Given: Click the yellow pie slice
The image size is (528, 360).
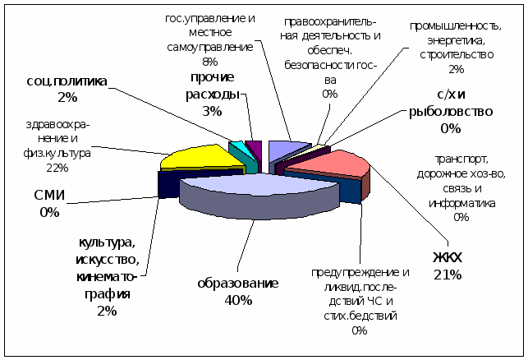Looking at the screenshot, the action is tap(193, 155).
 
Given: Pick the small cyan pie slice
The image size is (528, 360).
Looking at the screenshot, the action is tap(235, 148).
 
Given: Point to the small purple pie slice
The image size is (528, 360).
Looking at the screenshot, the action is tap(254, 147).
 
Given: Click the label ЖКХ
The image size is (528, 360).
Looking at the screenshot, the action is tap(448, 257).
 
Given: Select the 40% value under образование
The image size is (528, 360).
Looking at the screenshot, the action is tap(237, 300).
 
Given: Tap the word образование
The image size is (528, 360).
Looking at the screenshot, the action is tap(237, 284).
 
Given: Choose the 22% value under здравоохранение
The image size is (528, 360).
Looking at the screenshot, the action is tap(57, 168).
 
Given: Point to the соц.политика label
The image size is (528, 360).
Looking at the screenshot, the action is tap(67, 81).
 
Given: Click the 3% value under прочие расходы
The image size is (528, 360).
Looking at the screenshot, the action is tap(212, 111).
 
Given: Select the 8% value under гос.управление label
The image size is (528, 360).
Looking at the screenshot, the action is tap(209, 61).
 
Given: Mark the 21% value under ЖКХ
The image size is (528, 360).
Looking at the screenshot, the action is tap(448, 274).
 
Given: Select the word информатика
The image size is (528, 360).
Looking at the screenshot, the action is tap(460, 203).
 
